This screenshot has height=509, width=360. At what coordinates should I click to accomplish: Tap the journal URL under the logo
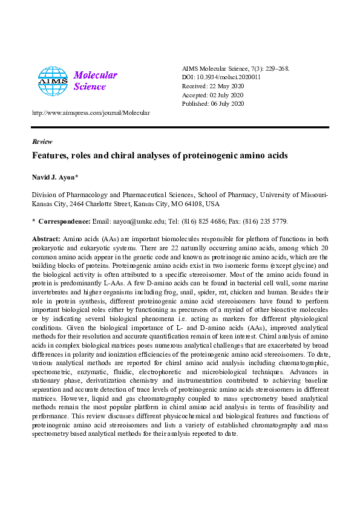point(91,113)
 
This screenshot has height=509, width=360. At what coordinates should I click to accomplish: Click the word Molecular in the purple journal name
point(96,76)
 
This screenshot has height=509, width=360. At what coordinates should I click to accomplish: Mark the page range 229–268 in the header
point(275,68)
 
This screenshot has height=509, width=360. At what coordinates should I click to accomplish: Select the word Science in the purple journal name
point(90,86)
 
